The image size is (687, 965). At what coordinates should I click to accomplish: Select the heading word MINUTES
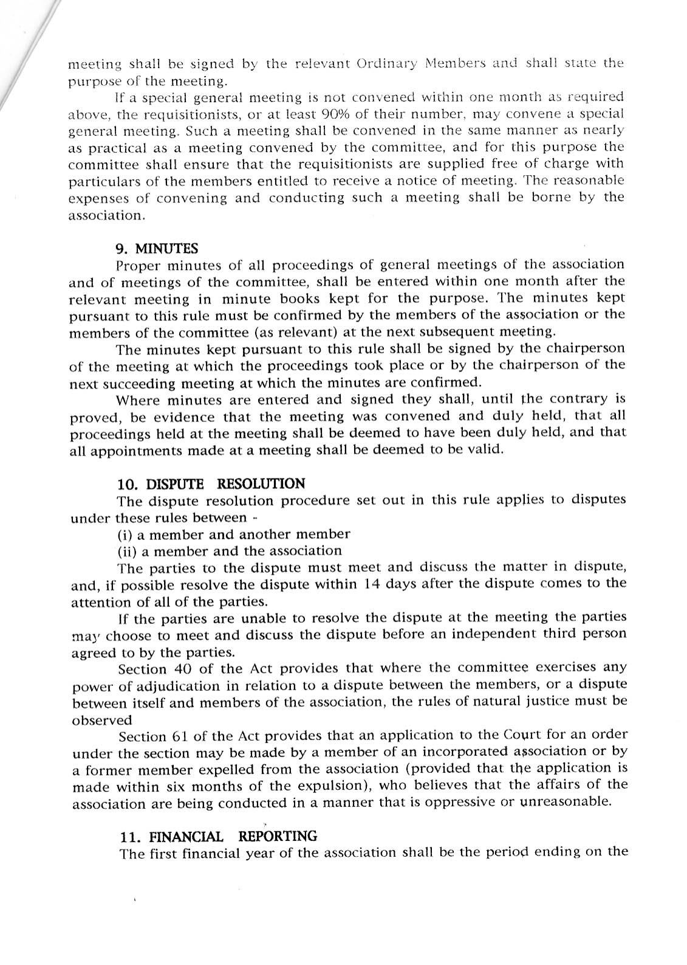click(x=166, y=248)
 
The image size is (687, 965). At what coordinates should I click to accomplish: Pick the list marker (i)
click(x=125, y=534)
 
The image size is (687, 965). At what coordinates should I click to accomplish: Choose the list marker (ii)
click(x=127, y=551)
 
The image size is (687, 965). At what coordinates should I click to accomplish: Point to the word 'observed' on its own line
click(x=101, y=721)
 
